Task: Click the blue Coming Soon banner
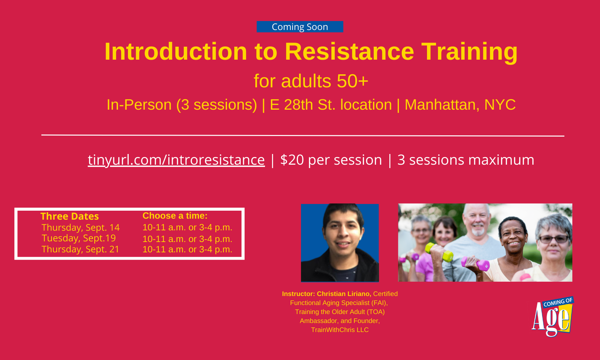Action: (x=300, y=27)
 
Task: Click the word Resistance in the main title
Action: (x=349, y=52)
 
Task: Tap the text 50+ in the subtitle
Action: (x=352, y=81)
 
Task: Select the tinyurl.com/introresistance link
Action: (x=176, y=160)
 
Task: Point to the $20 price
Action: (x=292, y=160)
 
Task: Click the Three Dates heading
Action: (x=70, y=216)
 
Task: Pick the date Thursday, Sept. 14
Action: (x=80, y=228)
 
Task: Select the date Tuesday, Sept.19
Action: (x=79, y=238)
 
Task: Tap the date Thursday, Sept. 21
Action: (x=80, y=249)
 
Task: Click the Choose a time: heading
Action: (x=175, y=216)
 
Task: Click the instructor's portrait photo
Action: (x=340, y=243)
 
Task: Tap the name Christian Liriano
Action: (x=344, y=294)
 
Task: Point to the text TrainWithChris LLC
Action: (x=340, y=330)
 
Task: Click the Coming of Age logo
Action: (x=553, y=317)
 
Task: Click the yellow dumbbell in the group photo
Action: (x=439, y=252)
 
